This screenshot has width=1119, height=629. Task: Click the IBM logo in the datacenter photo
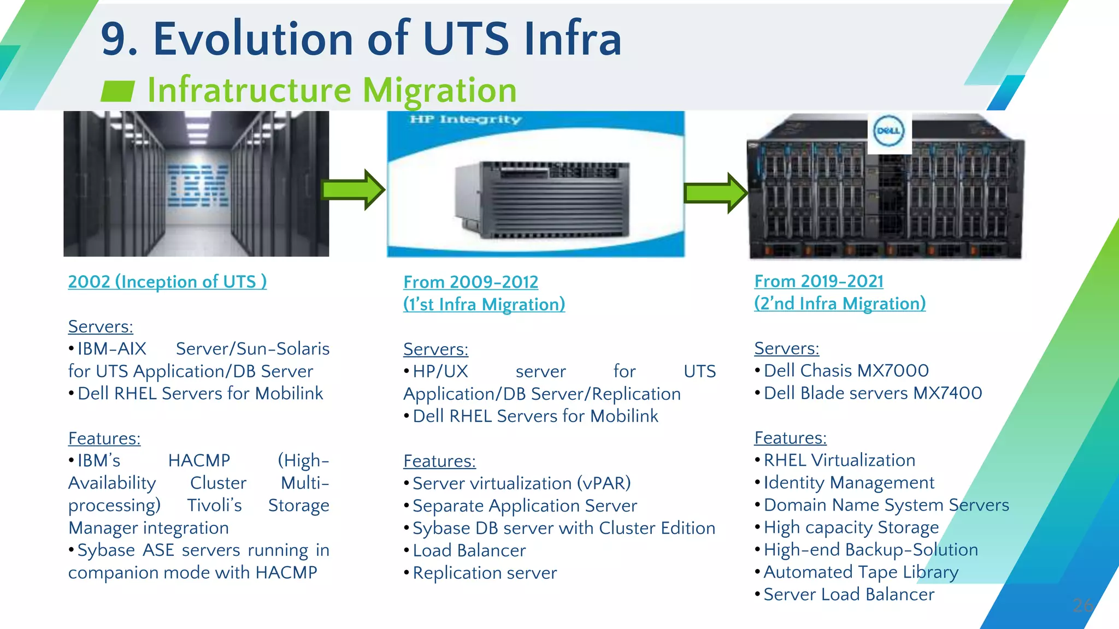pos(198,186)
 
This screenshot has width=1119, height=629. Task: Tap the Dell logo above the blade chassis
pos(889,131)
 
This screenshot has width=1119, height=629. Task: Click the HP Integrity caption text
pos(466,120)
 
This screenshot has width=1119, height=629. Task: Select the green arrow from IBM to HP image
pos(354,190)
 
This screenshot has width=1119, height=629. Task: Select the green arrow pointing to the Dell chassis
pos(716,193)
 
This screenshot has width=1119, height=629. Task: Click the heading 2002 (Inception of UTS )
pos(167,282)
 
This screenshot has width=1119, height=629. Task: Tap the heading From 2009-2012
pos(470,282)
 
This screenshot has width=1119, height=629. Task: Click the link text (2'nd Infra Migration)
pos(840,304)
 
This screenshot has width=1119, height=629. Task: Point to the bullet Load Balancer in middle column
pos(469,550)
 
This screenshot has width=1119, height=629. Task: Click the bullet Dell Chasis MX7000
pos(846,371)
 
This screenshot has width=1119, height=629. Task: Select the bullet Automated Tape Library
pos(861,572)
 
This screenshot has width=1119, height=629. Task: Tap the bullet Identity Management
pos(849,483)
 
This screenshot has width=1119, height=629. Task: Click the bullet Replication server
pos(485,573)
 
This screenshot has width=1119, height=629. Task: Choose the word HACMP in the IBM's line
pos(199,461)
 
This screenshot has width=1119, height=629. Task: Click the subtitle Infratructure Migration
pos(332,90)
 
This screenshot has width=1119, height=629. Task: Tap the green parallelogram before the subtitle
pos(117,91)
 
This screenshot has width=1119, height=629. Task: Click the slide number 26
pos(1082,605)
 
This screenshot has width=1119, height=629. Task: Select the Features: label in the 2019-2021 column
pos(790,438)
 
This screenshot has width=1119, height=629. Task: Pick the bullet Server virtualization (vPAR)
pos(521,483)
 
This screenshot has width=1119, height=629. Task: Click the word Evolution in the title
pos(253,39)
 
